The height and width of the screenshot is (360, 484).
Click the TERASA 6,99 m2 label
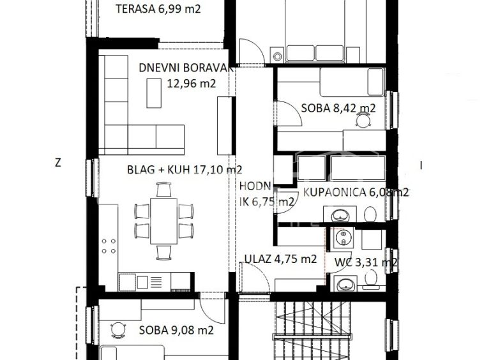click(x=158, y=9)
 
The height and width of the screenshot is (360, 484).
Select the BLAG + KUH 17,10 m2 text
click(x=185, y=169)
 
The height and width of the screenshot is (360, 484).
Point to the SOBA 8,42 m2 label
click(x=338, y=109)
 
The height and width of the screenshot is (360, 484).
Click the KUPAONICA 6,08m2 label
click(x=356, y=192)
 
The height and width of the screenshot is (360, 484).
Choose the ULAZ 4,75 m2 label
click(x=280, y=259)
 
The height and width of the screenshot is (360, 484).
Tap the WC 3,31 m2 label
click(x=366, y=262)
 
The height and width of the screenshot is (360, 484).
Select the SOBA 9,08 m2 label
click(x=176, y=331)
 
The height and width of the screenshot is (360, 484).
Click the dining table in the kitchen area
click(x=164, y=221)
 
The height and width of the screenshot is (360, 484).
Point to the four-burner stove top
click(x=109, y=246)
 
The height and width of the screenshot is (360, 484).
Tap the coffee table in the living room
click(x=154, y=93)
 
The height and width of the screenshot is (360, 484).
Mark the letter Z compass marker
click(x=57, y=163)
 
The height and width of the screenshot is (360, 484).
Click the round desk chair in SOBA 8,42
click(x=363, y=119)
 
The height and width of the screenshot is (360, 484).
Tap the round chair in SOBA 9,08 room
click(x=118, y=330)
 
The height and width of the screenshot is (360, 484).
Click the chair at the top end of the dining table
click(x=163, y=190)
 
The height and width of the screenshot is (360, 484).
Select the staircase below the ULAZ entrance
click(x=311, y=331)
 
